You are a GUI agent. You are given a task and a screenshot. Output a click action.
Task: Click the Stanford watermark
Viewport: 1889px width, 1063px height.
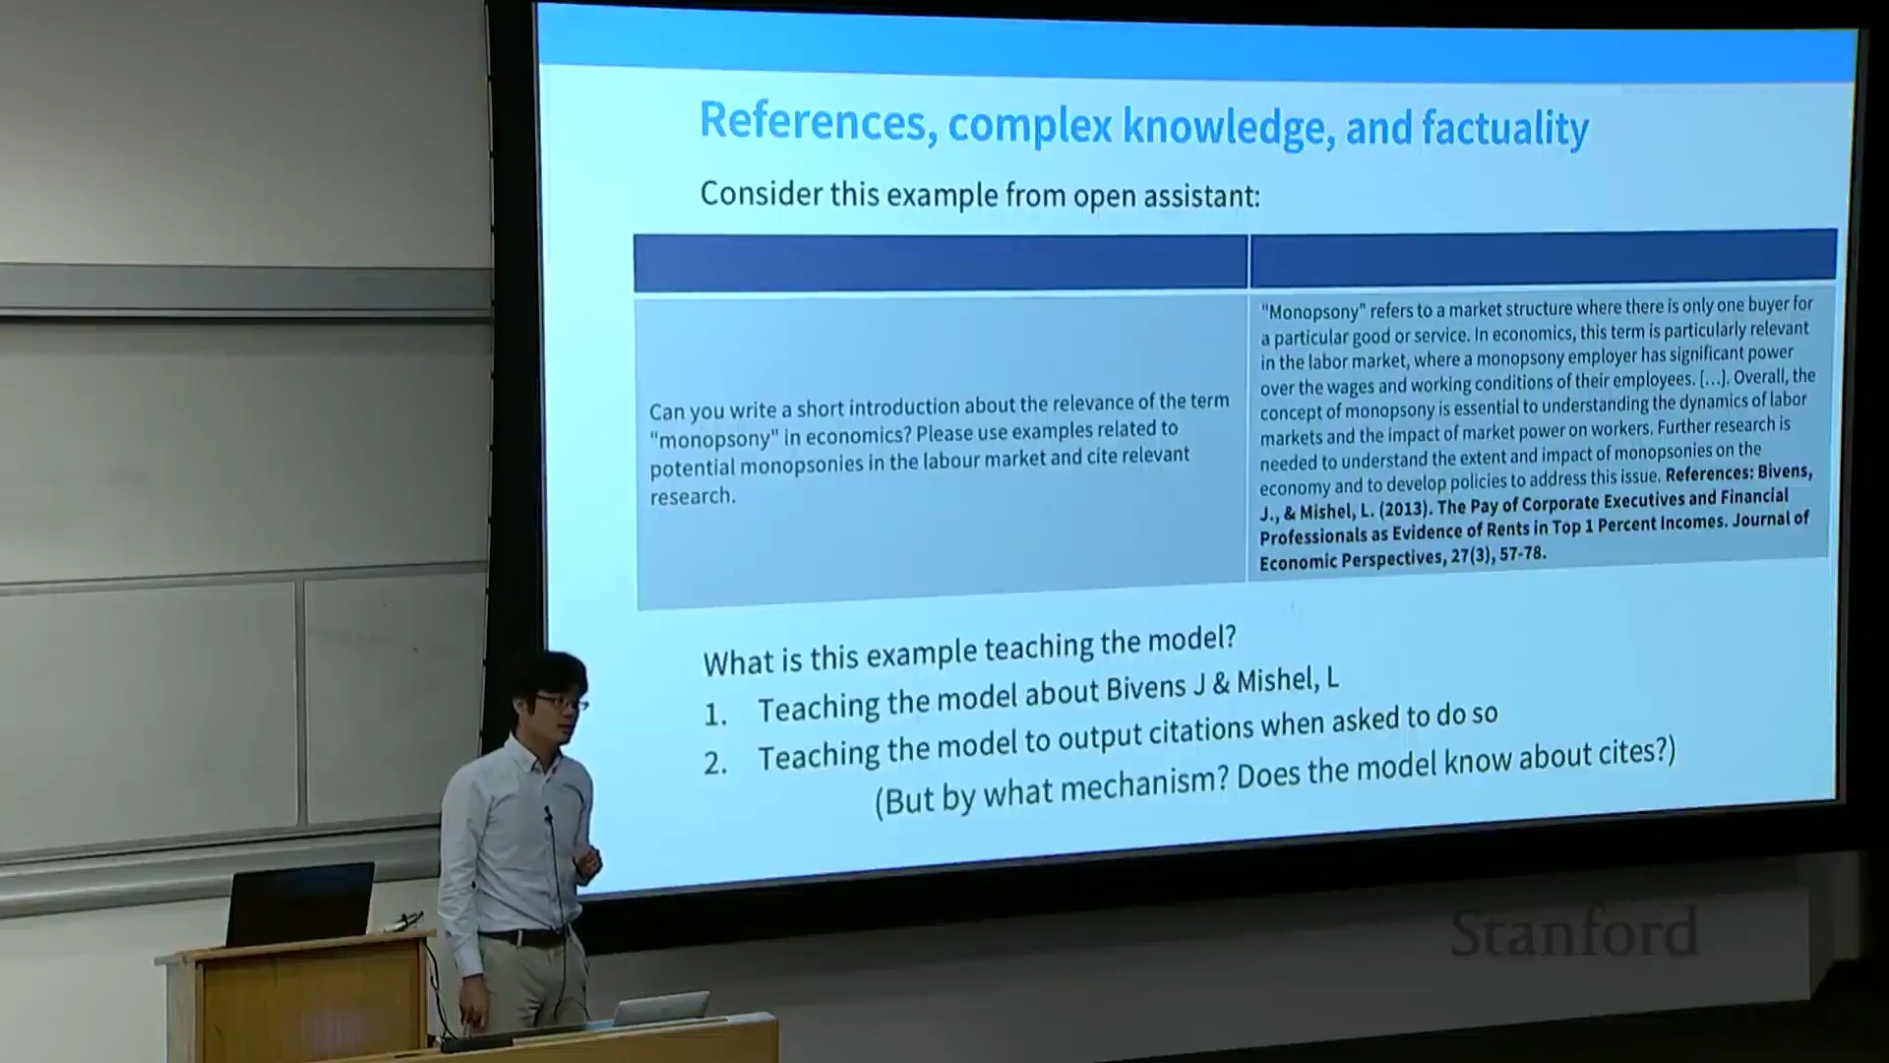click(x=1574, y=933)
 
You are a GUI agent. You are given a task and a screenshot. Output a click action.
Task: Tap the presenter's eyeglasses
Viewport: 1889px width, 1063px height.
click(x=563, y=703)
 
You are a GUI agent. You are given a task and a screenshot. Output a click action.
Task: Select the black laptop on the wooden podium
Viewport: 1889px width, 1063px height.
click(x=300, y=904)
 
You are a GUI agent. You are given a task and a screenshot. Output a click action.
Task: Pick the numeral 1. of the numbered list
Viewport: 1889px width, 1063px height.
click(x=715, y=714)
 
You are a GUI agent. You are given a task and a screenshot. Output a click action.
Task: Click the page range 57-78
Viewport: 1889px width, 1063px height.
click(x=1521, y=554)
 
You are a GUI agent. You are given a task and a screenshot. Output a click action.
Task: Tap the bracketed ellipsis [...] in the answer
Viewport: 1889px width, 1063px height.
click(x=1712, y=378)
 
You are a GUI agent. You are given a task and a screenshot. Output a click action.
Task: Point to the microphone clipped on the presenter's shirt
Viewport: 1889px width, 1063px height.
click(x=548, y=815)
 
